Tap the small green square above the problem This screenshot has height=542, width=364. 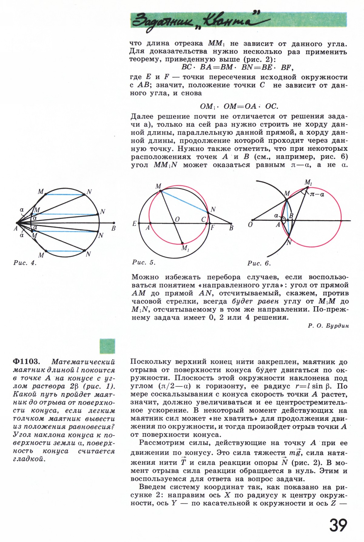107,346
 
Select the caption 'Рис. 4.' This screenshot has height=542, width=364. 25,263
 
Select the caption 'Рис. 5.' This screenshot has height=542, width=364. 144,263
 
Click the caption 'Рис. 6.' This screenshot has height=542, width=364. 259,263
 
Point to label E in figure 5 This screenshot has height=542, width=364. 134,224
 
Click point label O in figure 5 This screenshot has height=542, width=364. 177,219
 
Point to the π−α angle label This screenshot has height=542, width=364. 317,194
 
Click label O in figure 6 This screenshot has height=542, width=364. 251,225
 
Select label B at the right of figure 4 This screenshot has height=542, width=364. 113,228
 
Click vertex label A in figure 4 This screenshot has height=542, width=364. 15,228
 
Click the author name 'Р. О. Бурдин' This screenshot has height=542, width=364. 328,326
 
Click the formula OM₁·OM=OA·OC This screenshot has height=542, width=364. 239,106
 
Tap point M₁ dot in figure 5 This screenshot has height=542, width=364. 182,243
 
